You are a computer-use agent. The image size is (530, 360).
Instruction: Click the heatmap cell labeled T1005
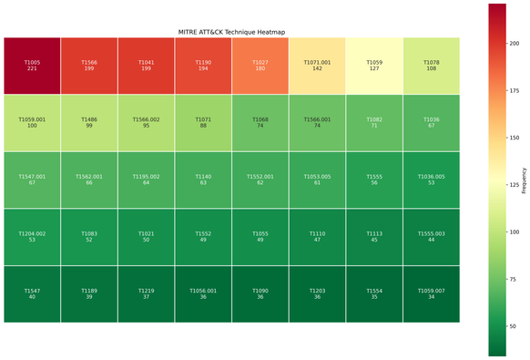click(x=32, y=66)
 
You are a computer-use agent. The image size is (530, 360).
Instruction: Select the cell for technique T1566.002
click(x=147, y=122)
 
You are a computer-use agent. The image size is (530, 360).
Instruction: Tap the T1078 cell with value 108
click(x=432, y=66)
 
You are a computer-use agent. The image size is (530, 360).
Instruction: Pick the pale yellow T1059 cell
click(x=374, y=66)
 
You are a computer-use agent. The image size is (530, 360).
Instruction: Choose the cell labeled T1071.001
click(x=318, y=66)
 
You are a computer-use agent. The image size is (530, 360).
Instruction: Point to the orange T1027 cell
click(x=260, y=66)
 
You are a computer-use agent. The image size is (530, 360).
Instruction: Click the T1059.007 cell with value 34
click(x=432, y=293)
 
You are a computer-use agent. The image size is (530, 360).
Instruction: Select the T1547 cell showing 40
click(x=32, y=293)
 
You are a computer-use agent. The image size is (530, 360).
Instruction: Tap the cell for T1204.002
click(x=32, y=237)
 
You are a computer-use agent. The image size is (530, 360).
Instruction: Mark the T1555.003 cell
click(x=432, y=237)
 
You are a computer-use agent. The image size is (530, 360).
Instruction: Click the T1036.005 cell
click(x=432, y=180)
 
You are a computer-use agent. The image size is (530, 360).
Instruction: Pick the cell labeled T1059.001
click(x=32, y=122)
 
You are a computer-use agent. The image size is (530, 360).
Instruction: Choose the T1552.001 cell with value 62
click(x=260, y=180)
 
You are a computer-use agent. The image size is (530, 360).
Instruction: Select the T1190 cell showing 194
click(x=203, y=66)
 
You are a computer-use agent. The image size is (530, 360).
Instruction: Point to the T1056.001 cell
click(x=203, y=293)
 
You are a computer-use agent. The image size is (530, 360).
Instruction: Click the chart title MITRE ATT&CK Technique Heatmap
click(x=231, y=32)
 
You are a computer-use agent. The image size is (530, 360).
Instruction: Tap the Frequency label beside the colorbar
click(x=524, y=180)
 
